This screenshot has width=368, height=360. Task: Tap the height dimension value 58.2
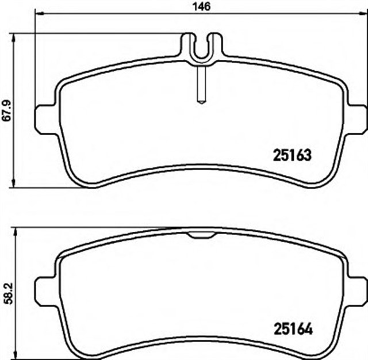(6, 292)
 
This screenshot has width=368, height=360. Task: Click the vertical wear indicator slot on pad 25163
(200, 83)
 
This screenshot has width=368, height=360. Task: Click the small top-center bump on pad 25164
(201, 234)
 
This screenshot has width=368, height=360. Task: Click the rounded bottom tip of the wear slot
(200, 102)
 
